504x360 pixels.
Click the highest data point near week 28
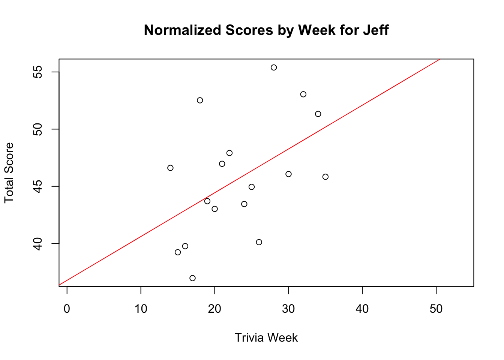(274, 67)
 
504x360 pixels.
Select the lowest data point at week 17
(192, 278)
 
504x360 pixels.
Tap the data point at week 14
(170, 168)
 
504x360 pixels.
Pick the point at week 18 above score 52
(200, 100)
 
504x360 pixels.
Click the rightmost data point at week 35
(325, 177)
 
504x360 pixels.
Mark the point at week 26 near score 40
(259, 242)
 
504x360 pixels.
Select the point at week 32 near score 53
(303, 94)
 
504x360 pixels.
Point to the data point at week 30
(288, 174)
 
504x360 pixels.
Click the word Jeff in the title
(375, 30)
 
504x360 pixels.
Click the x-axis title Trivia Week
(266, 338)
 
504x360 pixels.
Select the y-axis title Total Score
(9, 173)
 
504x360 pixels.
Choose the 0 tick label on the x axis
(67, 309)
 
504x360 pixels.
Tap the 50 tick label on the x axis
(436, 309)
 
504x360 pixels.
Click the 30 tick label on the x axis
(288, 309)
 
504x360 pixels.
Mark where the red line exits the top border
(440, 59)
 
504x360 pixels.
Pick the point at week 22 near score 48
(229, 153)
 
